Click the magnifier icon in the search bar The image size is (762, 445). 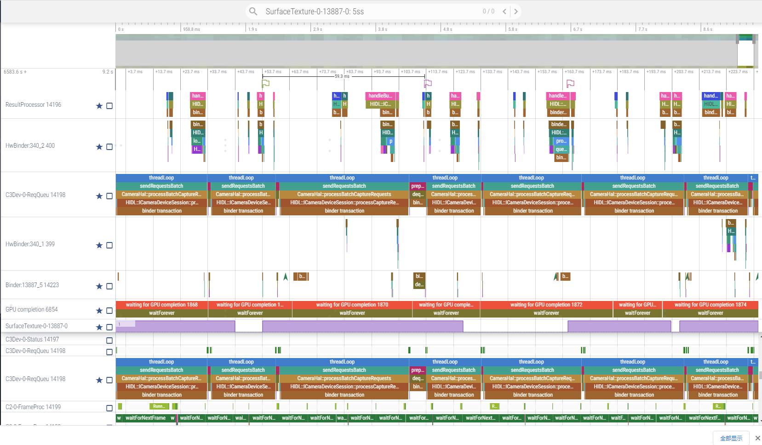point(253,12)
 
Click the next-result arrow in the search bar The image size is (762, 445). point(516,12)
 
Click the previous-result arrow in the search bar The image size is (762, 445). point(504,12)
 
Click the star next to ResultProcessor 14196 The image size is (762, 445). point(99,106)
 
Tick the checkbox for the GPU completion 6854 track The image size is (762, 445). point(109,311)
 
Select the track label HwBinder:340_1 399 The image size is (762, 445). point(30,244)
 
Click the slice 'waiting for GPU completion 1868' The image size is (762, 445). point(161,305)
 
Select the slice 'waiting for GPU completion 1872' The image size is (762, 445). point(546,305)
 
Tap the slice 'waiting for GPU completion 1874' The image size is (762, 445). point(710,305)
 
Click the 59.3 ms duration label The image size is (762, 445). point(342,76)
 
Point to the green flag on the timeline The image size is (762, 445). point(265,83)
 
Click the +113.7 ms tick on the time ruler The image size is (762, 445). point(437,72)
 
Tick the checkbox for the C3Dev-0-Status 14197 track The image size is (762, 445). point(109,341)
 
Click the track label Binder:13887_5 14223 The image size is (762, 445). point(32,285)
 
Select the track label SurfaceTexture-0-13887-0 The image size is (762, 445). point(36,326)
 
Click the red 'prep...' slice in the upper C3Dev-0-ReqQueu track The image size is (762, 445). point(417,186)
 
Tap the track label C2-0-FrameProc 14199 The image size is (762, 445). point(33,407)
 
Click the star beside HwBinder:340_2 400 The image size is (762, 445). point(99,147)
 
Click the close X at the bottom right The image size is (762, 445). point(757,438)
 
